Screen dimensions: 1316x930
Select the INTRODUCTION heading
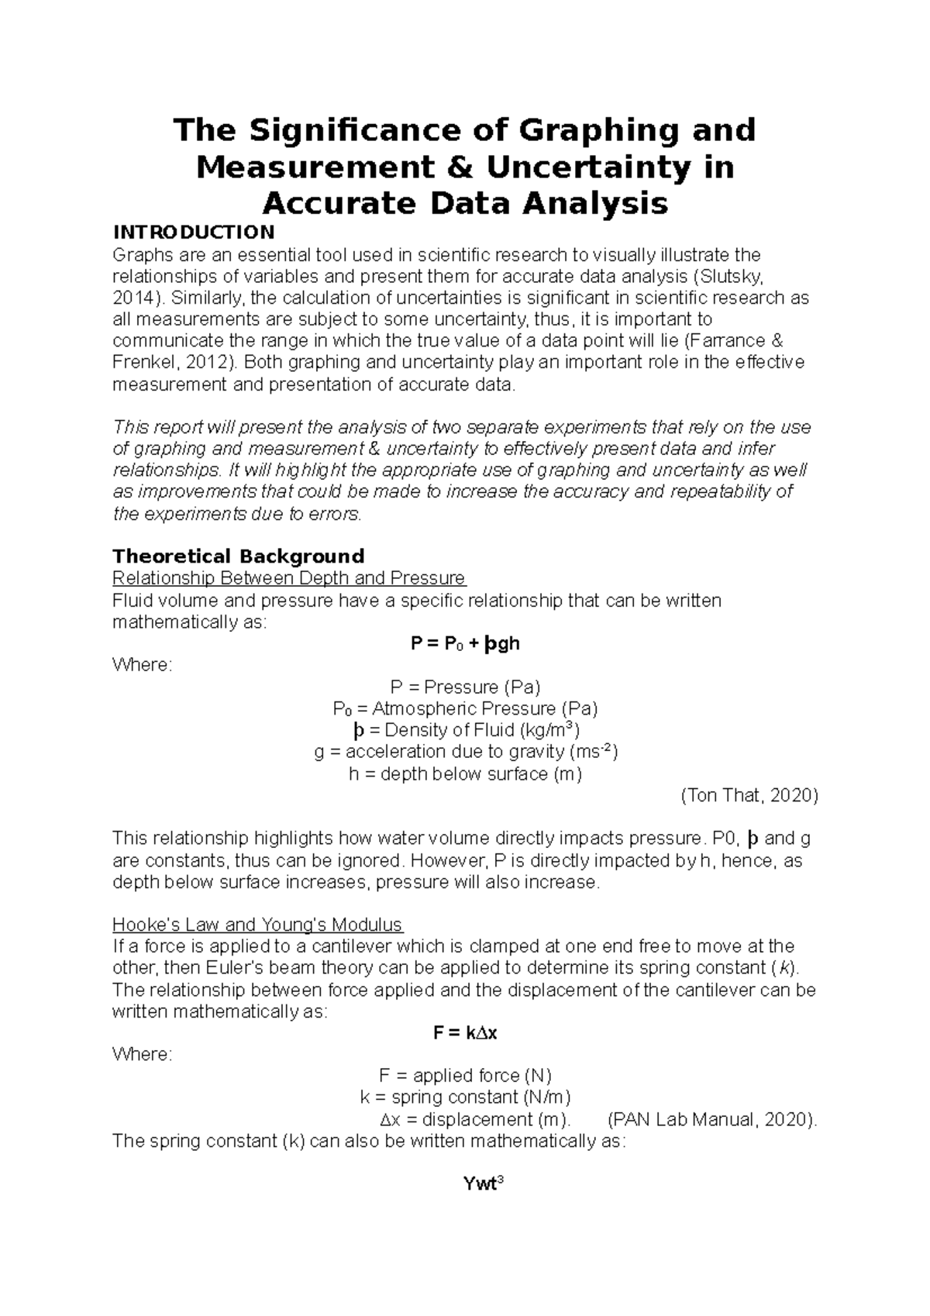[194, 233]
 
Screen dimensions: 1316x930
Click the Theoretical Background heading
[238, 556]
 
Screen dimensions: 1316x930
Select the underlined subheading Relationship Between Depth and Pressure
[288, 578]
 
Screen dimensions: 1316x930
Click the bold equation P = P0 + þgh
[465, 643]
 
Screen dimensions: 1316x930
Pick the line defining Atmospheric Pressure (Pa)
[465, 708]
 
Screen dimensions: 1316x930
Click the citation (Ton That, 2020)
[749, 795]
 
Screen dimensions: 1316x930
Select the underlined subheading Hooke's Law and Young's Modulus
[257, 925]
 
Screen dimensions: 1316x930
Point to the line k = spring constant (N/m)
[465, 1097]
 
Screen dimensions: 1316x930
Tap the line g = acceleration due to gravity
[465, 752]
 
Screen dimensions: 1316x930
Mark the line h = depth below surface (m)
[465, 773]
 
